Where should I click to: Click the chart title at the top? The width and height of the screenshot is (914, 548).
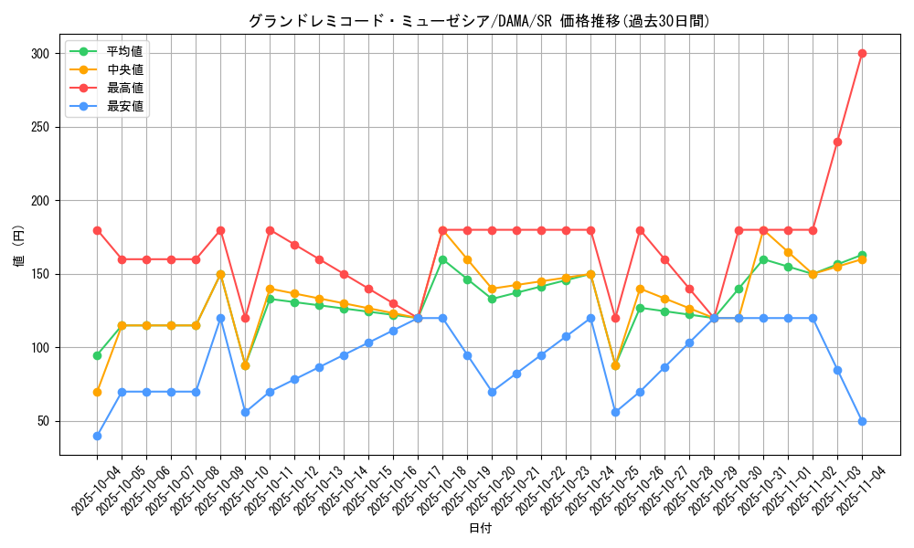click(x=479, y=21)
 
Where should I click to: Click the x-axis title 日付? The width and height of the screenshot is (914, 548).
click(x=480, y=529)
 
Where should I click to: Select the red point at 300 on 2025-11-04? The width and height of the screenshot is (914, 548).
click(x=862, y=53)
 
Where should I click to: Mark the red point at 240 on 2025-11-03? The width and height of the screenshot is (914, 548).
click(x=837, y=142)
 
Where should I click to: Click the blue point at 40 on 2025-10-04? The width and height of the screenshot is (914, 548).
click(x=97, y=436)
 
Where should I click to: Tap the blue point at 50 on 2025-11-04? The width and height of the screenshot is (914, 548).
click(x=862, y=421)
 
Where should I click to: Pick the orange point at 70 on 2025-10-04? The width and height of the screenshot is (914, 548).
click(x=97, y=392)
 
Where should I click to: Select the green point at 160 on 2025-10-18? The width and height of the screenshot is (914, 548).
click(x=442, y=259)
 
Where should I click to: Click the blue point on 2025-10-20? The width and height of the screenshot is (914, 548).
click(x=492, y=392)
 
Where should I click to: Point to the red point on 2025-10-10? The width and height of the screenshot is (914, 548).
click(x=245, y=318)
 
